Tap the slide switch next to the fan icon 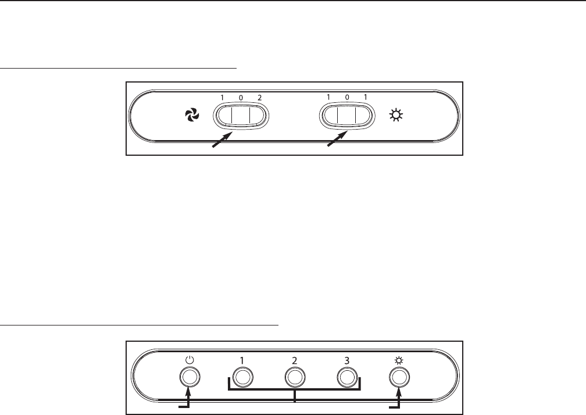point(240,115)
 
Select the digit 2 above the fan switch point(259,98)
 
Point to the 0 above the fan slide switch point(240,98)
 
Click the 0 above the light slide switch point(346,98)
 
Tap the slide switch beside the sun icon point(346,115)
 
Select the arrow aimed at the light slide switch point(337,141)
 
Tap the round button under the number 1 point(242,377)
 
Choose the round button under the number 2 point(295,377)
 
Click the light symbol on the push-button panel point(399,360)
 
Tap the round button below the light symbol point(399,377)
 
